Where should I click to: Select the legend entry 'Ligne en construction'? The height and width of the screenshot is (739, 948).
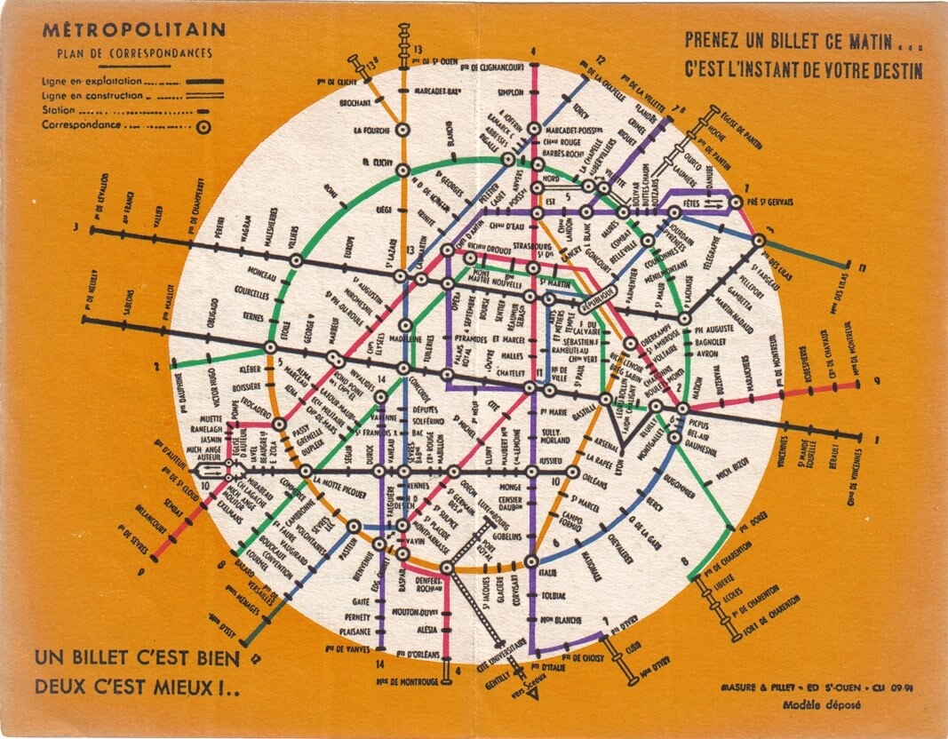[x=92, y=95]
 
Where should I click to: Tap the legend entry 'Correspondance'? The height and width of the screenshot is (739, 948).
[x=79, y=125]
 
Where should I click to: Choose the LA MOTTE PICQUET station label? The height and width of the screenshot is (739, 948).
[x=346, y=481]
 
